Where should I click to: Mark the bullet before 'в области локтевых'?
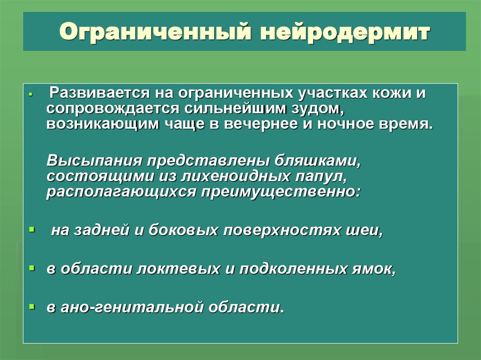[31, 268]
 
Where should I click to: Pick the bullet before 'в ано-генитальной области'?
[31, 306]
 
